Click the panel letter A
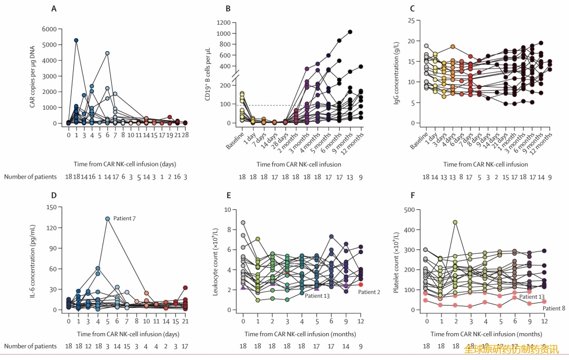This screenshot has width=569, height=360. pos(54,8)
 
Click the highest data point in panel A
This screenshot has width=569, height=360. pos(76,40)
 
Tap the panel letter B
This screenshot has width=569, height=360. pos(228,8)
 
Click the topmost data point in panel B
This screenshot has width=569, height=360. pos(350,32)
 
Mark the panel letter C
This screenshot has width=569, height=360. pos(412,8)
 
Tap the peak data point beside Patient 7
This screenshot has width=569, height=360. pos(107,219)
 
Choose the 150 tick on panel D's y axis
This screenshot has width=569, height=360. pos(52,207)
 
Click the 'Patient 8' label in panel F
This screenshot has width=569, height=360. pos(554,308)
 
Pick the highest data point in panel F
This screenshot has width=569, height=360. pos(455,222)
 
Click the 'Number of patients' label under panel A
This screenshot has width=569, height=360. pos(30,177)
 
